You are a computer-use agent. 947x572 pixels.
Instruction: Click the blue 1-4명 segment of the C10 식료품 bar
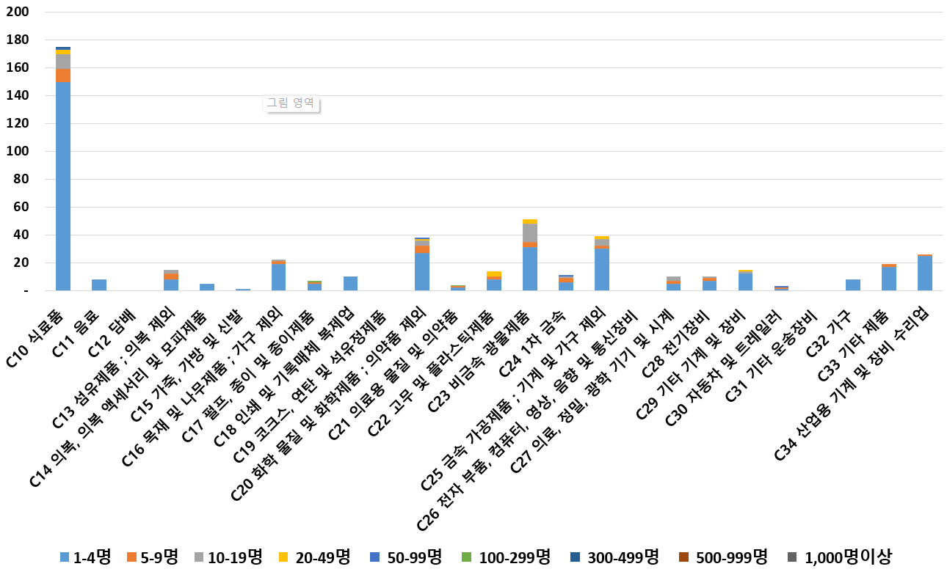point(63,186)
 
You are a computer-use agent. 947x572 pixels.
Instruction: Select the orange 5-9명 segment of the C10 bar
point(63,75)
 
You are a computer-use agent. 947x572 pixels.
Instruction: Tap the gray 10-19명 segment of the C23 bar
point(530,232)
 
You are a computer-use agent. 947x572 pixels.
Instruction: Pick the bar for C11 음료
point(99,285)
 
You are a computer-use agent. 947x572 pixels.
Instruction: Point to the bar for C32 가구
point(853,285)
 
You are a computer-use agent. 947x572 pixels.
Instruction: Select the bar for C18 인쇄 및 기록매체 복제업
point(350,284)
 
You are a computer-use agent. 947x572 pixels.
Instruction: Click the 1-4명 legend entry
point(85,557)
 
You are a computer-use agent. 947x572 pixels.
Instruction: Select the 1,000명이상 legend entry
point(840,557)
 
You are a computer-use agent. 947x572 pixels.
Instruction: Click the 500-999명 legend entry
point(721,557)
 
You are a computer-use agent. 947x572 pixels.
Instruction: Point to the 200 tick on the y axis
point(21,12)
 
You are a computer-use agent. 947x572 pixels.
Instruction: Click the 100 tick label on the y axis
point(21,152)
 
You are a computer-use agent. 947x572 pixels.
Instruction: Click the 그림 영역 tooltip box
point(291,103)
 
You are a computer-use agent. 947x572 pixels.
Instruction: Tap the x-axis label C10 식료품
point(42,322)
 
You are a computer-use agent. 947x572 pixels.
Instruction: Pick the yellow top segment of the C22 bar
point(494,274)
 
